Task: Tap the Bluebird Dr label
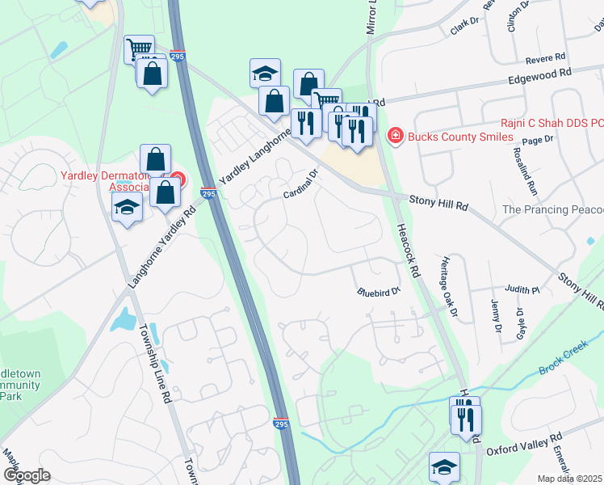coord(380,290)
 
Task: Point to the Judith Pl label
coord(522,289)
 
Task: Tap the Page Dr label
coord(537,140)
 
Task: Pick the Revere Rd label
coord(546,57)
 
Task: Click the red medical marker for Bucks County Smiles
coord(395,136)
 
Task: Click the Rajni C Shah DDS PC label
coord(552,123)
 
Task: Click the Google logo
coord(27,474)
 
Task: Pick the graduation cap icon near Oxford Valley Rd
coord(444,466)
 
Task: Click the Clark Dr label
coord(459,27)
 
